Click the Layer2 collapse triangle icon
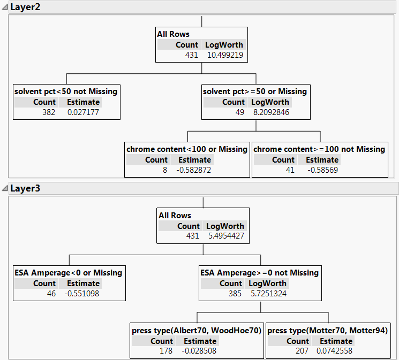5,7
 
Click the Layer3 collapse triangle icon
5,189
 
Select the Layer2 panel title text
25,7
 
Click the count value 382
49,112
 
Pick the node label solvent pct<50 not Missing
66,91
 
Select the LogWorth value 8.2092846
271,112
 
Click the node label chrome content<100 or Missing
187,149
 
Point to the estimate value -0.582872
195,170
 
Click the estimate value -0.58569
322,170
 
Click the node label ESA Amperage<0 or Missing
69,273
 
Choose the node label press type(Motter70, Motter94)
327,331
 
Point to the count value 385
235,294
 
